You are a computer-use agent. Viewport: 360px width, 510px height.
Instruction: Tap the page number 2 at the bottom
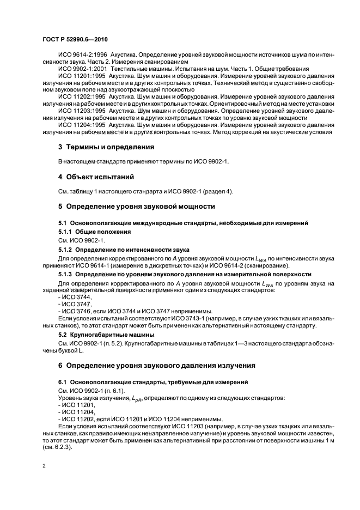pyautogui.click(x=44, y=466)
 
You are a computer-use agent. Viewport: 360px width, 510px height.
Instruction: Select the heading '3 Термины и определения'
pyautogui.click(x=106, y=147)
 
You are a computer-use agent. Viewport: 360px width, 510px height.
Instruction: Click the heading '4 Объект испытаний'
pyautogui.click(x=96, y=177)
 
